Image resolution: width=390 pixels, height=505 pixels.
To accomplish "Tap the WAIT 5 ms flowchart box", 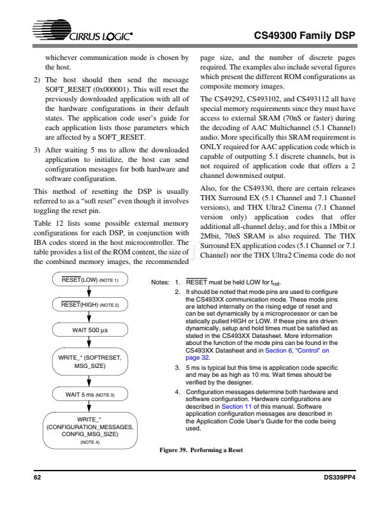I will [89, 395].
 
